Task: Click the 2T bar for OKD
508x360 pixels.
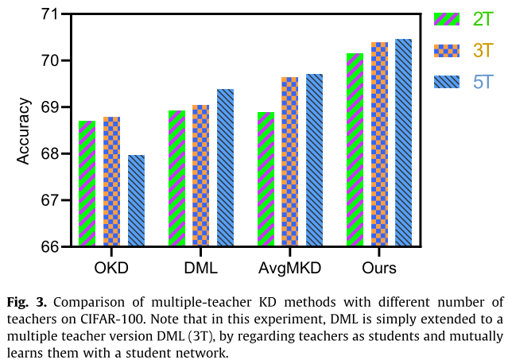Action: tap(87, 184)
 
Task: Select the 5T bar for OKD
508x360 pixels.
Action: tap(136, 200)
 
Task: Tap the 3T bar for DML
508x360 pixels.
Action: tap(201, 176)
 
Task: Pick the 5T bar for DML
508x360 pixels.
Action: tap(225, 168)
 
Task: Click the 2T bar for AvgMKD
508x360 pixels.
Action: tap(266, 180)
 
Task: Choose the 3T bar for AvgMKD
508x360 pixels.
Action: tap(290, 162)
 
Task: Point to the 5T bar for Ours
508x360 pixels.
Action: tap(403, 143)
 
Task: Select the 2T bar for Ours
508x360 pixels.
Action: tap(355, 150)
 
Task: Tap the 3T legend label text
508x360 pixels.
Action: tap(483, 51)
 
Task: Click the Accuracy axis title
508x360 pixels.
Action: tap(24, 130)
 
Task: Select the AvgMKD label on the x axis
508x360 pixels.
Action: tap(290, 268)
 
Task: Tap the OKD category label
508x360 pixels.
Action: tap(112, 268)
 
